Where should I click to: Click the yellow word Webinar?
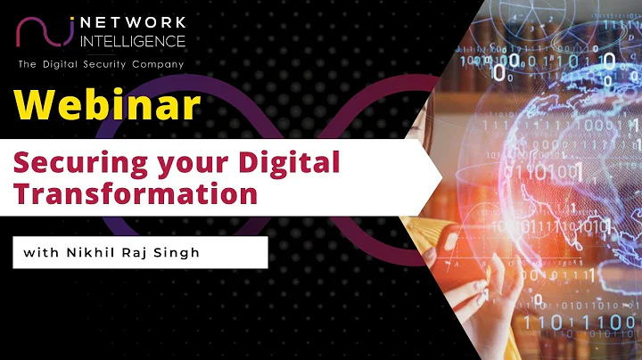coord(107,106)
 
